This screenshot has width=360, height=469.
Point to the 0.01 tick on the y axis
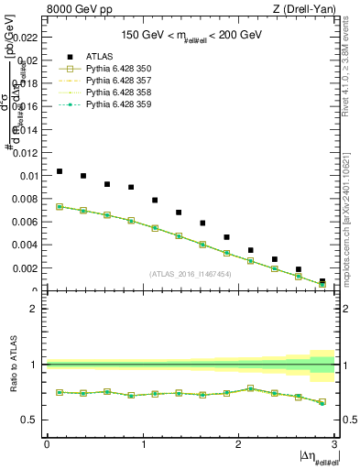click(x=28, y=176)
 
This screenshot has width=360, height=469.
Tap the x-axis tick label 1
click(x=142, y=444)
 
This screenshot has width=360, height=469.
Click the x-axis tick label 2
click(x=237, y=444)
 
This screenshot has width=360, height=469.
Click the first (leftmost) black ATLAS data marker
click(x=60, y=171)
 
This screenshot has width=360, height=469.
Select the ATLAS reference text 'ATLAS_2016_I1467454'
click(x=191, y=274)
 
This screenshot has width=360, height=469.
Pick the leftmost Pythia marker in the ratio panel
click(x=60, y=392)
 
